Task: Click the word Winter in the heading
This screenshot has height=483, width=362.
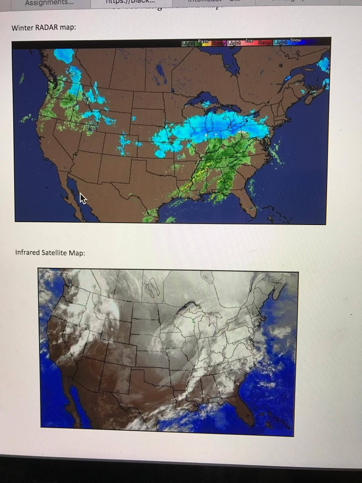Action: pyautogui.click(x=21, y=27)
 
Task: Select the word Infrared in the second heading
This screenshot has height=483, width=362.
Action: pyautogui.click(x=27, y=252)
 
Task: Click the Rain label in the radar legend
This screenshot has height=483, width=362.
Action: pyautogui.click(x=203, y=41)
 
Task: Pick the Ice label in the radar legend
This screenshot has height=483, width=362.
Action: pyautogui.click(x=249, y=41)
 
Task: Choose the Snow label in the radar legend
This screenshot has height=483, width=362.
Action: pyautogui.click(x=296, y=41)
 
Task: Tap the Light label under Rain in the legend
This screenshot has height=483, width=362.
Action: pyautogui.click(x=189, y=44)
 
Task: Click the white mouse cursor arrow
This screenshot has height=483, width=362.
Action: pyautogui.click(x=83, y=198)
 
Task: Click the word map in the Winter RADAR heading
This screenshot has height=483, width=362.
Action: pyautogui.click(x=67, y=27)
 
